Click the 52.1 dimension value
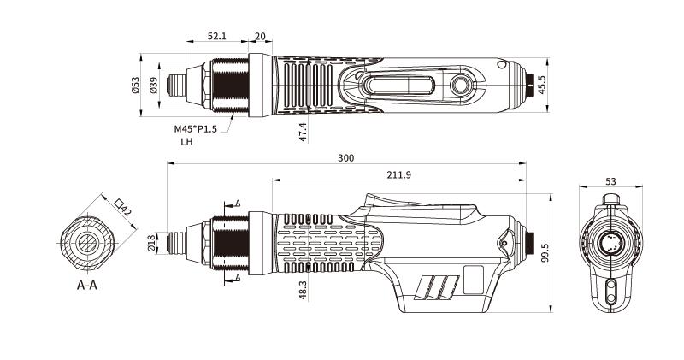[217, 36]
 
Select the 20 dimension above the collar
[260, 36]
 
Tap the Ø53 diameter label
[135, 86]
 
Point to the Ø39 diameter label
[153, 86]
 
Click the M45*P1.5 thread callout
[196, 129]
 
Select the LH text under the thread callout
[186, 142]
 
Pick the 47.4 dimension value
[304, 133]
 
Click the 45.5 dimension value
[541, 85]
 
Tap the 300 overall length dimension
[346, 158]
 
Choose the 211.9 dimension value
[398, 174]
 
